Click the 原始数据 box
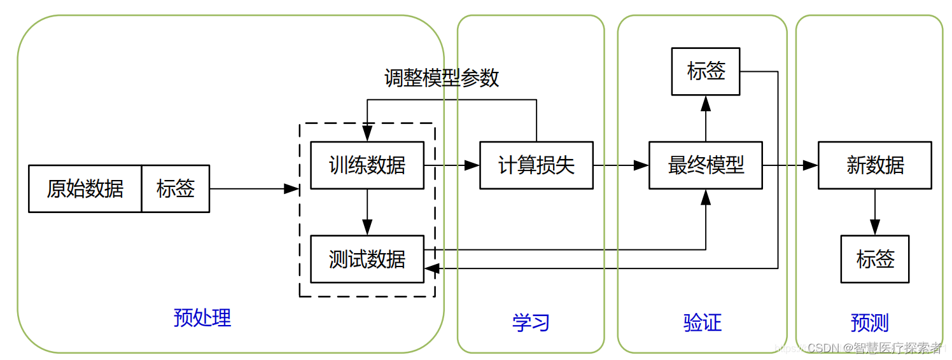pos(85,189)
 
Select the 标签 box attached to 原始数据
pos(176,189)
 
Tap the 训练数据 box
pos(367,165)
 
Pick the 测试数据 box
pos(367,259)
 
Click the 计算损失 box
pos(536,165)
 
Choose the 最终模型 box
pos(706,165)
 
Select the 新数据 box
pos(875,165)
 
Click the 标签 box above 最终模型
pos(706,71)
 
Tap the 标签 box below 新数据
pos(875,259)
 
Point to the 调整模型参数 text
pos(442,78)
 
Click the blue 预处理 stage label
pos(202,317)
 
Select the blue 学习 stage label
pos(531,322)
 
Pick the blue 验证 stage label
pos(703,322)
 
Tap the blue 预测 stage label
pos(869,322)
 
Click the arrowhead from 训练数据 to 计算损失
pos(472,165)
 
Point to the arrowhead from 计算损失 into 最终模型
pos(641,165)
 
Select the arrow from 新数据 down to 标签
pos(875,213)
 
